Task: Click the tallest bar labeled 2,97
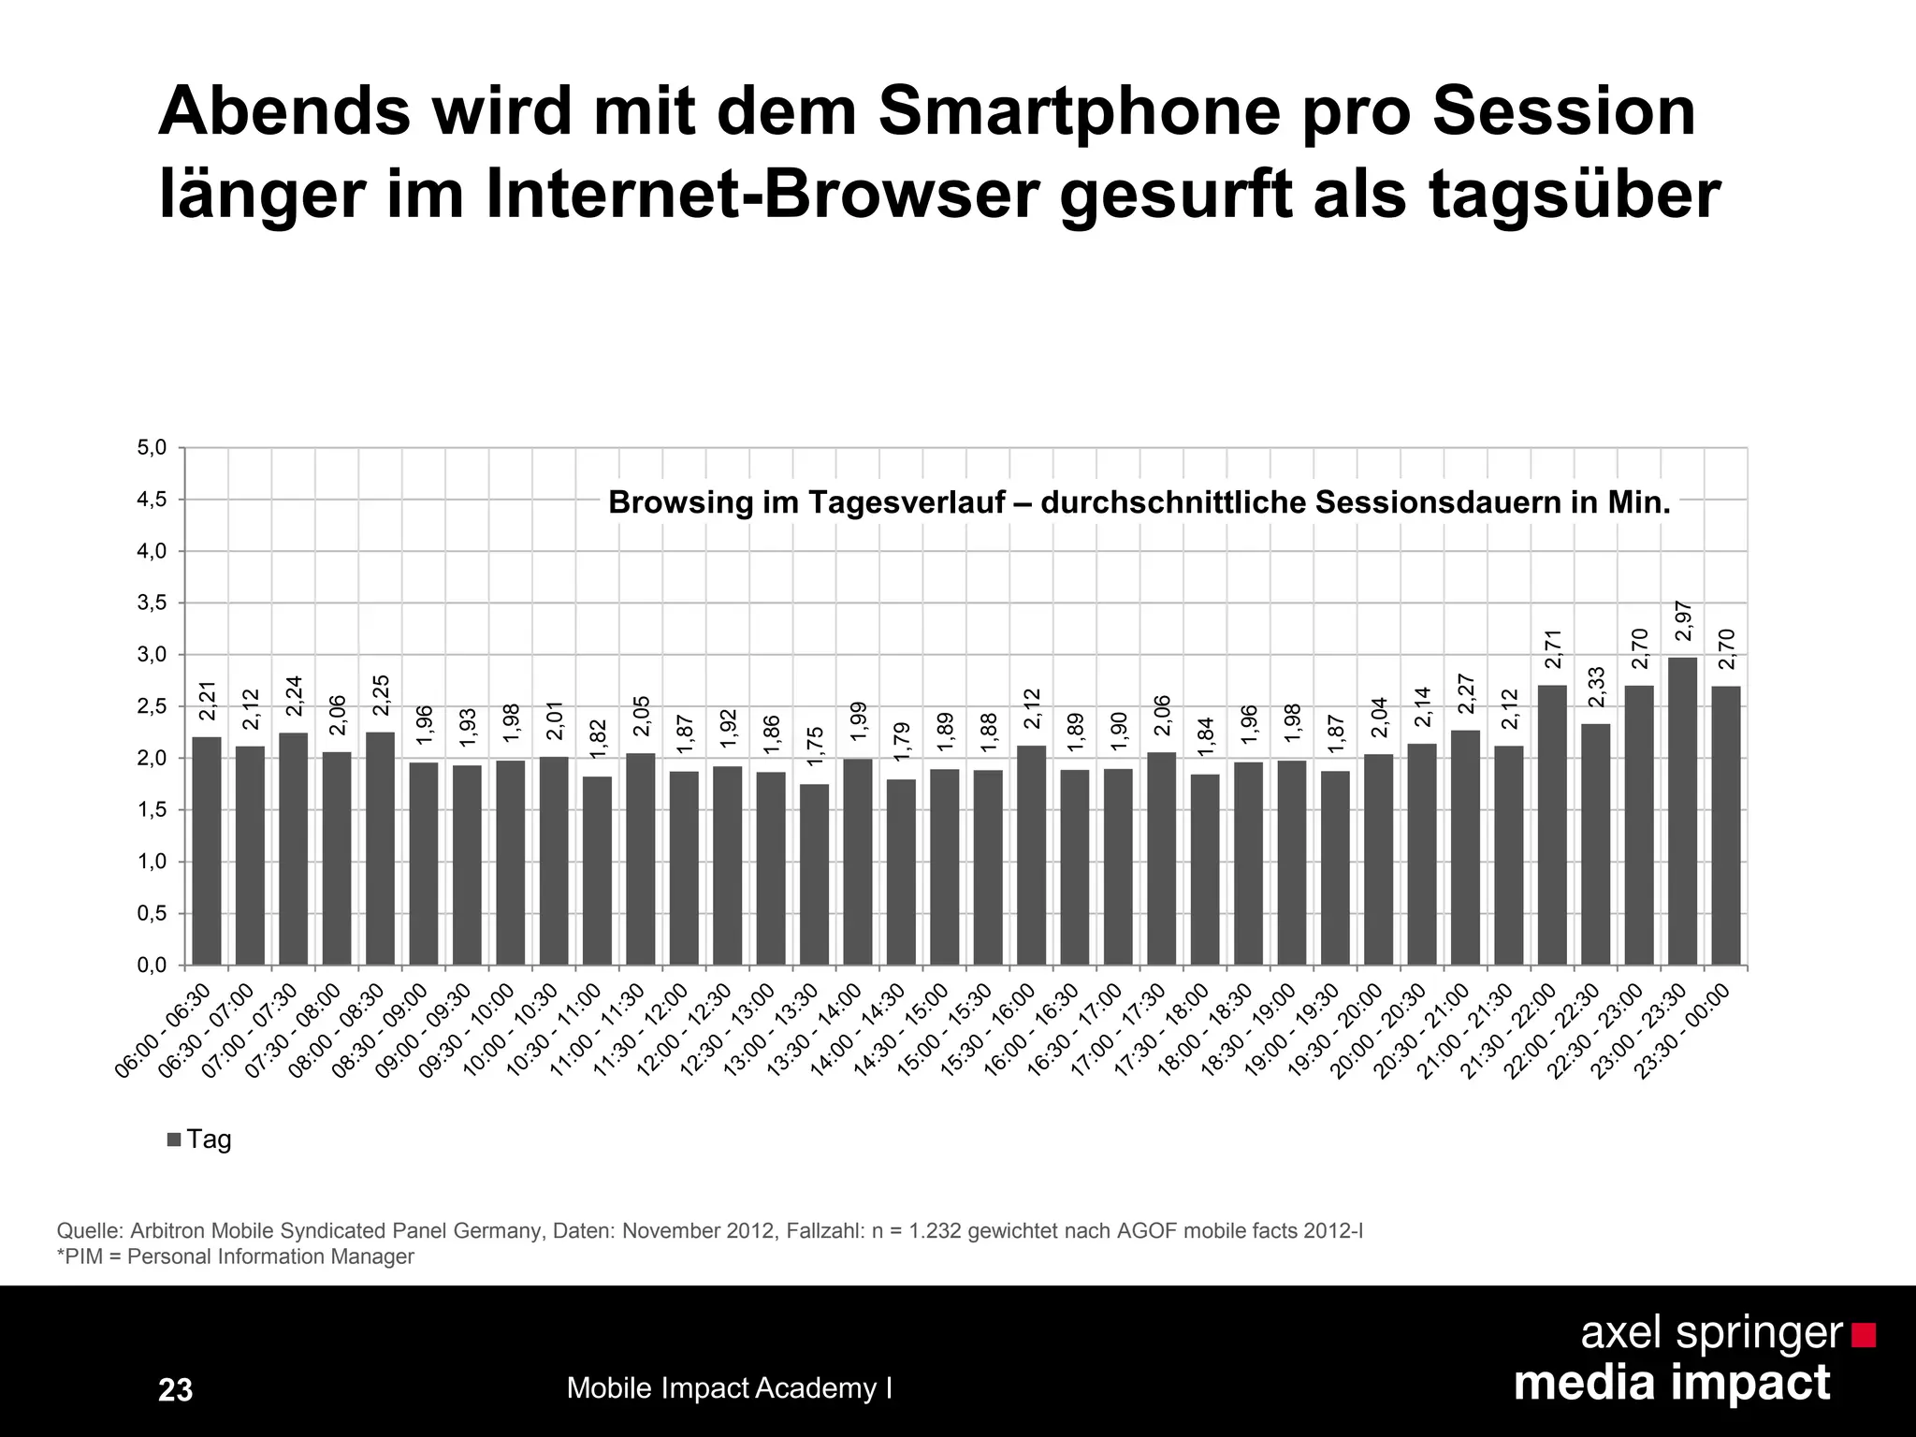[x=1682, y=810]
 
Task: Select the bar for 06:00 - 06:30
[x=207, y=850]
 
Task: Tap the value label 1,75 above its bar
[x=815, y=747]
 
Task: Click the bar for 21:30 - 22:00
[x=1552, y=824]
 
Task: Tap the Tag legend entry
[x=199, y=1139]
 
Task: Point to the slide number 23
[x=175, y=1390]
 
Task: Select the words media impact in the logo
[x=1671, y=1383]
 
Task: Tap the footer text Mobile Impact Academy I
[x=729, y=1388]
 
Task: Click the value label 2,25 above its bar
[x=381, y=695]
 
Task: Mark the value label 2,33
[x=1596, y=687]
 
